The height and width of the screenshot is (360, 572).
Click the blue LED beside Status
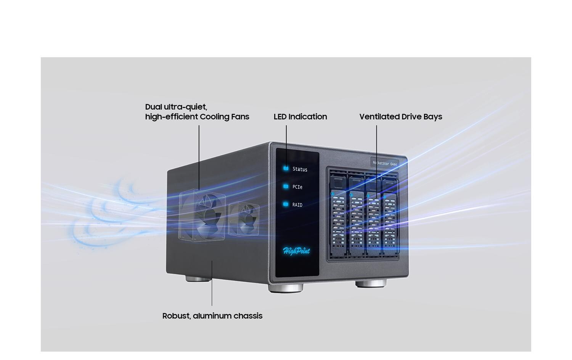point(286,169)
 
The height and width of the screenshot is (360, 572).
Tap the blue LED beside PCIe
point(286,186)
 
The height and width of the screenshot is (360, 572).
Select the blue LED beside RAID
point(286,204)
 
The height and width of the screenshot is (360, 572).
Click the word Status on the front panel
point(300,169)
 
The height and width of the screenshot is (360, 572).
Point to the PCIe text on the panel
point(297,187)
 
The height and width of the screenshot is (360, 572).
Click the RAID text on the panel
point(297,205)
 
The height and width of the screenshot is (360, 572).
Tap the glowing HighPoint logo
point(296,251)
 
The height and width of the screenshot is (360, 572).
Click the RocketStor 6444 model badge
point(384,163)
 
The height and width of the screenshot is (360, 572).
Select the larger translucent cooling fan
point(202,215)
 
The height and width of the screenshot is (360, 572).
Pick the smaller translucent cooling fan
point(244,219)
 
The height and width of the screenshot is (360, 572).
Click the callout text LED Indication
point(300,117)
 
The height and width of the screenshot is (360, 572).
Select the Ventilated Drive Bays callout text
point(401,117)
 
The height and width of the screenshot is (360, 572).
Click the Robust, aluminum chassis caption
point(212,316)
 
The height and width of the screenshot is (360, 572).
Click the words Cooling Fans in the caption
point(225,117)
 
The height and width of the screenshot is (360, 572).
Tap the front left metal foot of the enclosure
point(286,288)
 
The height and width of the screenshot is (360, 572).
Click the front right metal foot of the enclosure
point(371,283)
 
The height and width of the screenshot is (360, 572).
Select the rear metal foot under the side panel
point(198,279)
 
